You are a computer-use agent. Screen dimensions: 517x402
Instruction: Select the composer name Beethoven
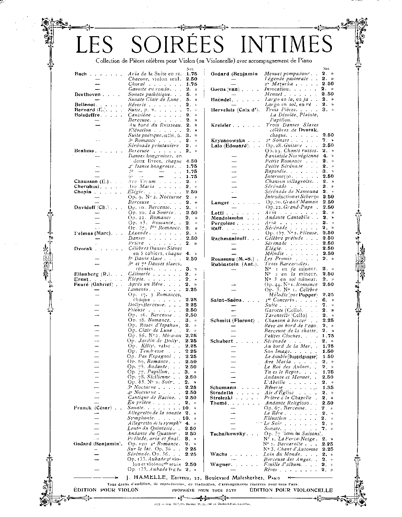[88, 94]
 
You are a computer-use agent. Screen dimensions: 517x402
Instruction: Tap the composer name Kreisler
[222, 125]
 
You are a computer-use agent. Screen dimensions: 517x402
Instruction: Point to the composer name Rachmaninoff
[229, 238]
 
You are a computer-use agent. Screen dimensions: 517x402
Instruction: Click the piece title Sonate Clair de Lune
[153, 100]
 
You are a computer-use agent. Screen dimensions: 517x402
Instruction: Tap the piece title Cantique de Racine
[152, 397]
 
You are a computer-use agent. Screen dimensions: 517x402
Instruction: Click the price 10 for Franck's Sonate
[185, 408]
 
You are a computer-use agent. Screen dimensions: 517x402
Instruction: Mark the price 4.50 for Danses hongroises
[191, 161]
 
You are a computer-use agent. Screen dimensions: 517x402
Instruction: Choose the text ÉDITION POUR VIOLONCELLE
[291, 490]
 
